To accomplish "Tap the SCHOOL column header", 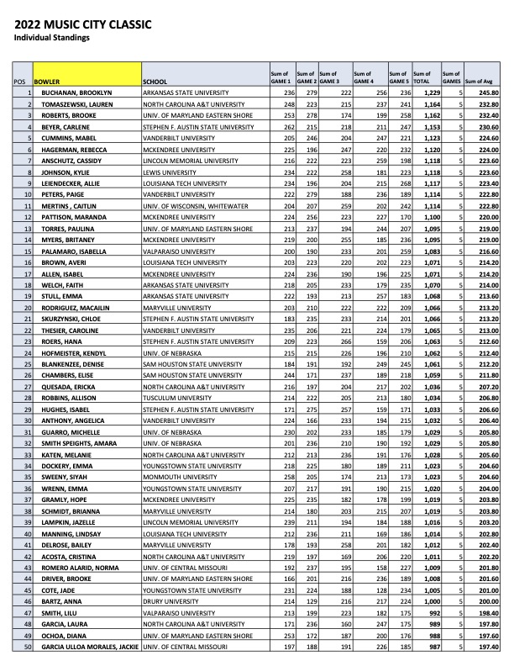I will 157,82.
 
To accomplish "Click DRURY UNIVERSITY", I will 170,605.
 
